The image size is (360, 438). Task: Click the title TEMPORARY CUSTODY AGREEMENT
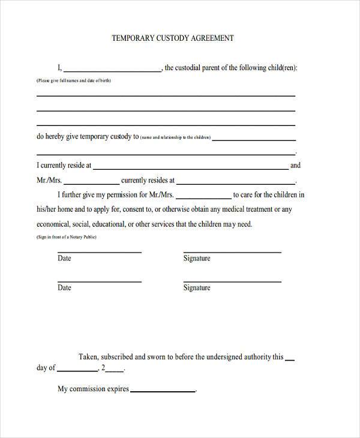tap(172, 38)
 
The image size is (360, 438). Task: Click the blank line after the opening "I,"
tap(113, 71)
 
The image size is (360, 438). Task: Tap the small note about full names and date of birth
tap(73, 80)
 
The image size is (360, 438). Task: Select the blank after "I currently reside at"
tap(190, 169)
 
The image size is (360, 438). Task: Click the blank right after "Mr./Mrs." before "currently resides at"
tap(91, 183)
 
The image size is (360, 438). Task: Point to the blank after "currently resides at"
tap(236, 183)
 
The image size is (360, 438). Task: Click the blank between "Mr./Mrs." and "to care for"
tap(203, 197)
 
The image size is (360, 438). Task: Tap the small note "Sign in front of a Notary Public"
tap(67, 238)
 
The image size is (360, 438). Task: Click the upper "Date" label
tap(64, 259)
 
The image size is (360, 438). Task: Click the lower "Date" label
tap(64, 288)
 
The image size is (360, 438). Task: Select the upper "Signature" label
tap(197, 259)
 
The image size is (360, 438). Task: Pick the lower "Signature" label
tap(197, 288)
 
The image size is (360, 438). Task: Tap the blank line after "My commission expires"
tap(163, 391)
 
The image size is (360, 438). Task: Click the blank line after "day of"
tap(77, 371)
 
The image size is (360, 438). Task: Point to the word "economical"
tap(56, 224)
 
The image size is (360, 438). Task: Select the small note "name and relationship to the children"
tap(176, 137)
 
